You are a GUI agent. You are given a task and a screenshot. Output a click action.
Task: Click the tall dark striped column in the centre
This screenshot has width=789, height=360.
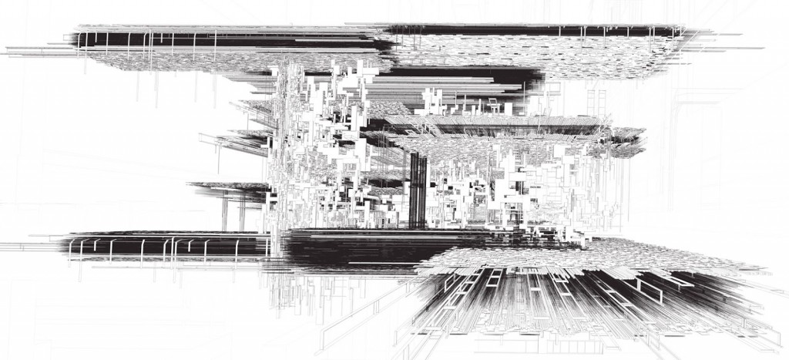(x=418, y=189)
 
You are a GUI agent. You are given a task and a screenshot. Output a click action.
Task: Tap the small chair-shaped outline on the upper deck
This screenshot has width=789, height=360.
(x=490, y=104)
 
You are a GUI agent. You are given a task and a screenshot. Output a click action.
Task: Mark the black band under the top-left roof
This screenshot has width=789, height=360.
(x=231, y=40)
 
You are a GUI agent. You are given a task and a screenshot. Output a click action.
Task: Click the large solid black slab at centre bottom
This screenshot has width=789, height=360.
(x=354, y=251)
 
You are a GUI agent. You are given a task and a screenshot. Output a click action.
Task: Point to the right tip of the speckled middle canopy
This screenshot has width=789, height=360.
(x=644, y=136)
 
